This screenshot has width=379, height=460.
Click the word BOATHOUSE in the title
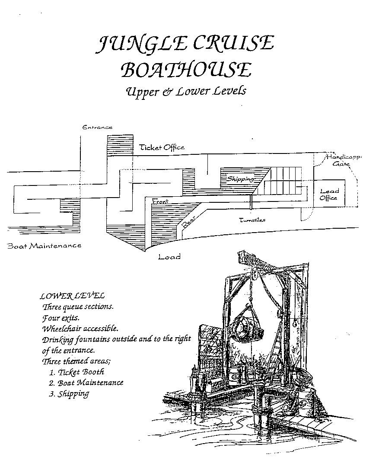186,70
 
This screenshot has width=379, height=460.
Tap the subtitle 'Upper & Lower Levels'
186,91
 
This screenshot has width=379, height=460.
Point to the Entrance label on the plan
97,127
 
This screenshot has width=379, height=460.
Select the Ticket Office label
162,147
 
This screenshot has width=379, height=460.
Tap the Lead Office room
329,194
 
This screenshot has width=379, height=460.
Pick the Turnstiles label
252,220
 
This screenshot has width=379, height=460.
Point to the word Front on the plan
160,201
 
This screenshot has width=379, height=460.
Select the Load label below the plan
169,257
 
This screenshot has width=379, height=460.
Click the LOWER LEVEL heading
72,296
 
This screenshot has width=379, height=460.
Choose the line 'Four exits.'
61,318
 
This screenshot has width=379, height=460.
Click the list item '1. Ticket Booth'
76,372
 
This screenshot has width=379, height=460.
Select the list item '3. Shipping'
69,394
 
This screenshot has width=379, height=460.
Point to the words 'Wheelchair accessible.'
80,329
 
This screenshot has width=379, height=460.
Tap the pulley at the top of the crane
255,274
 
